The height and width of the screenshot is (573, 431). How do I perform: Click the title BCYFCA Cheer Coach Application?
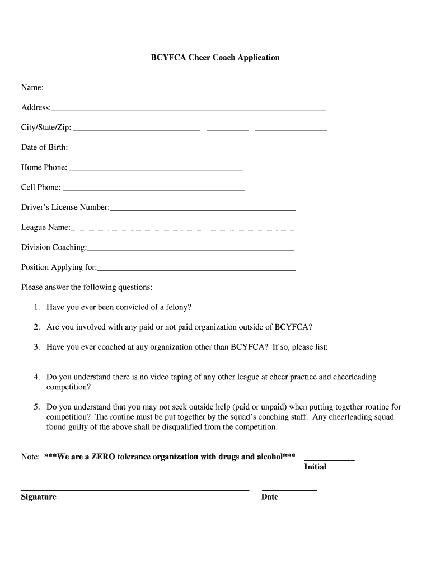[215, 58]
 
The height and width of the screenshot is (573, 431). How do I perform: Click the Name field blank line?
[160, 89]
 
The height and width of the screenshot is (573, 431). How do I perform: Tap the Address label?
[35, 107]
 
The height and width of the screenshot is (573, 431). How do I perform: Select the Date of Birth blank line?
[154, 150]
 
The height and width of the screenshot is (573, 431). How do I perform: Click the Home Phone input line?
[156, 169]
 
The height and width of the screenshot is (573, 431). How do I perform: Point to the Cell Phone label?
[40, 187]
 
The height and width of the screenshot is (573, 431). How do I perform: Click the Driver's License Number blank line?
[203, 210]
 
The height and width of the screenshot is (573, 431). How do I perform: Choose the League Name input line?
[182, 229]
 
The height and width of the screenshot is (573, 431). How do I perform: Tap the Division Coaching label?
[54, 247]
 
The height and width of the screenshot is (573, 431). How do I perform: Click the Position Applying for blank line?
[196, 270]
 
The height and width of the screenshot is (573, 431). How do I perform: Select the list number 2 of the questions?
[36, 327]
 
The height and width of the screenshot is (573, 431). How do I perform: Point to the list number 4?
[36, 377]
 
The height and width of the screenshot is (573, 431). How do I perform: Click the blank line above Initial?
[329, 459]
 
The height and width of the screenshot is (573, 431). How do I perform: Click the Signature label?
[39, 497]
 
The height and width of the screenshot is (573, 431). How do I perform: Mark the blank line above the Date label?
[289, 490]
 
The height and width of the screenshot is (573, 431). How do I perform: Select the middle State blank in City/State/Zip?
[227, 130]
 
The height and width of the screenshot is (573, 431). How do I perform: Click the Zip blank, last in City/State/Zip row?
[291, 130]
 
